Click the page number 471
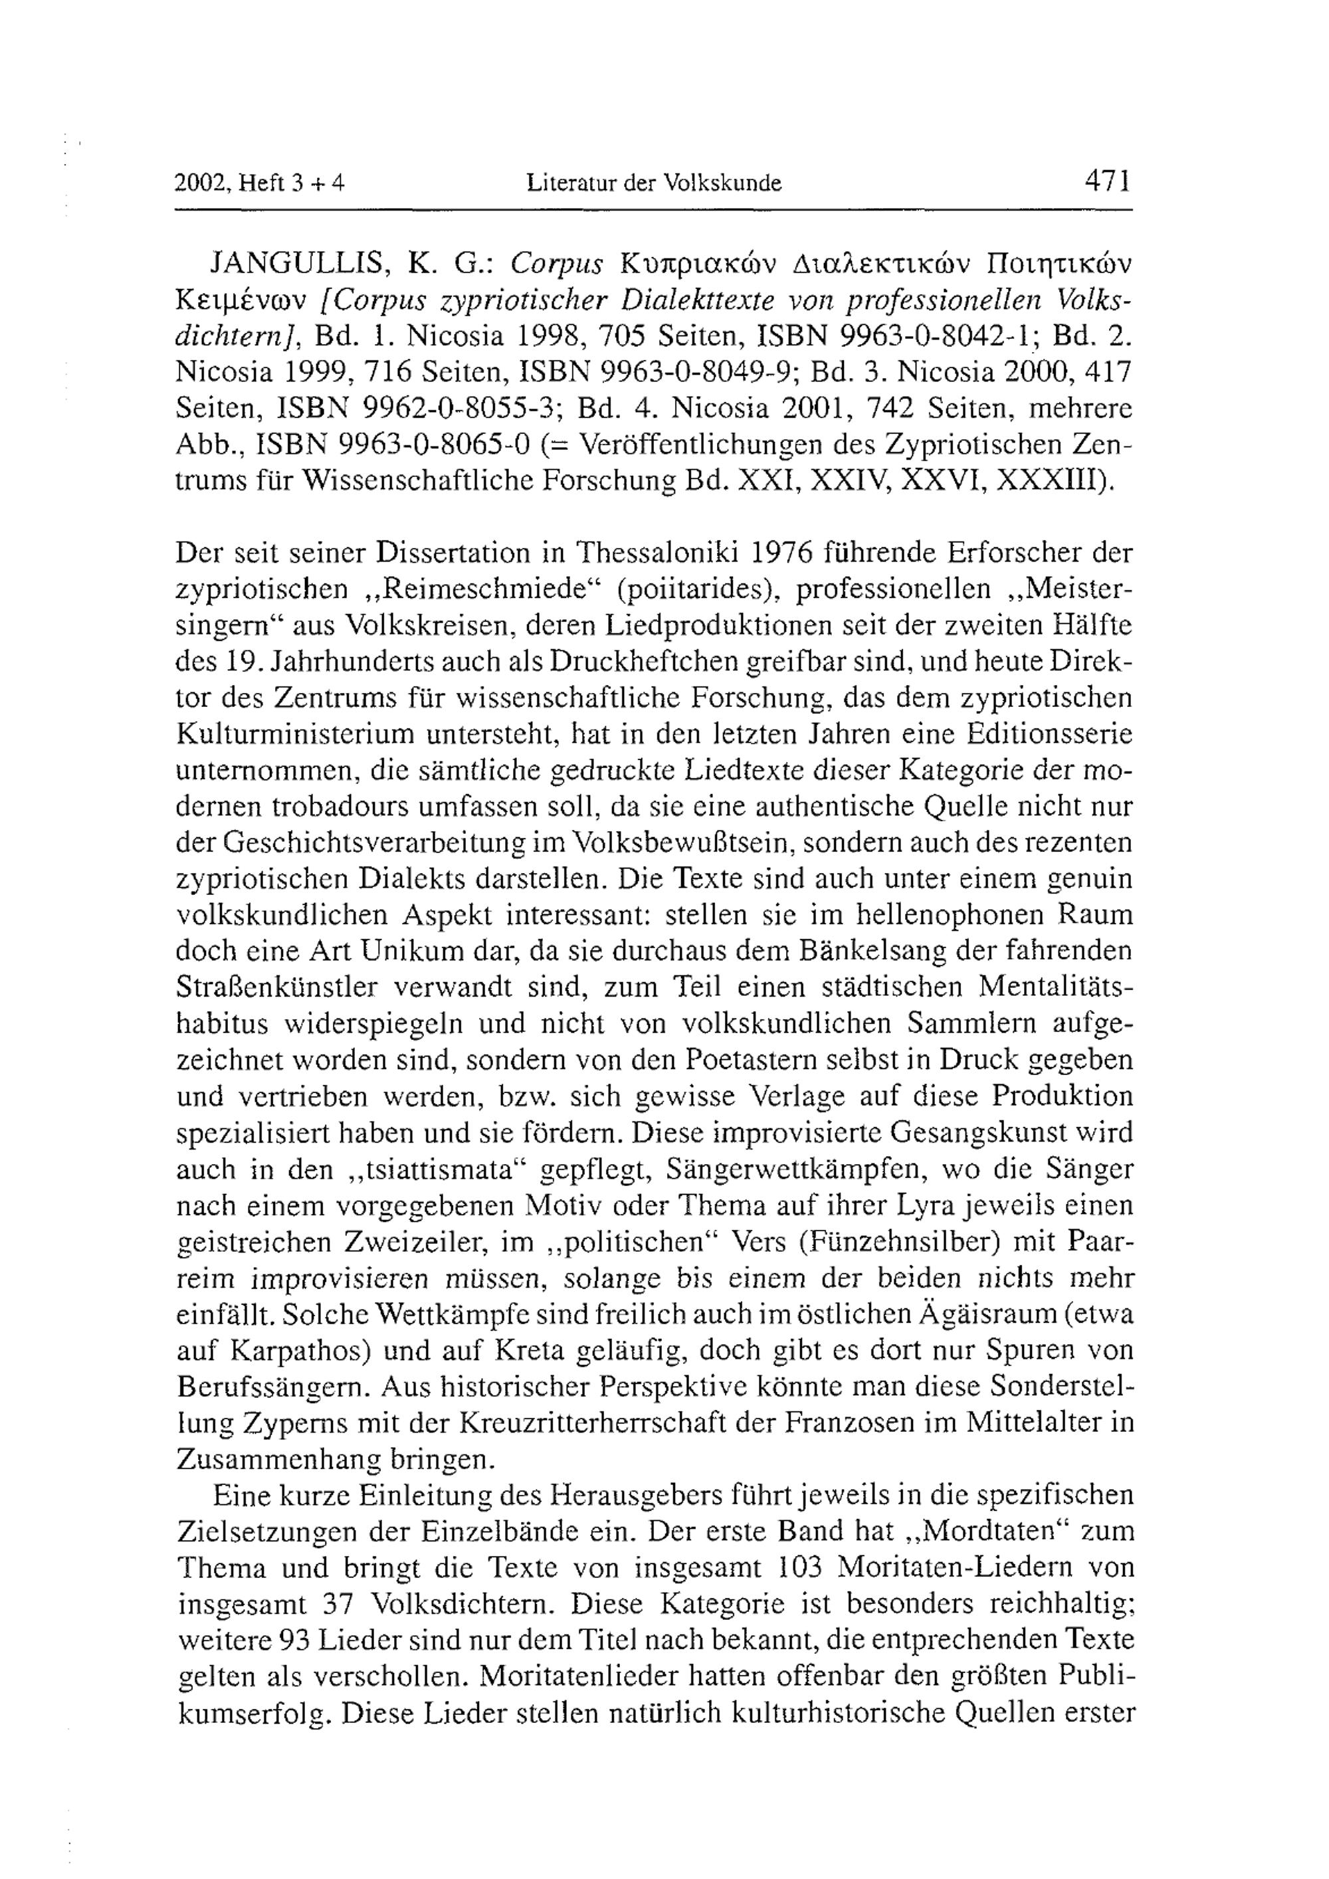pyautogui.click(x=1107, y=180)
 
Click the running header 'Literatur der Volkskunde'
pyautogui.click(x=654, y=183)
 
